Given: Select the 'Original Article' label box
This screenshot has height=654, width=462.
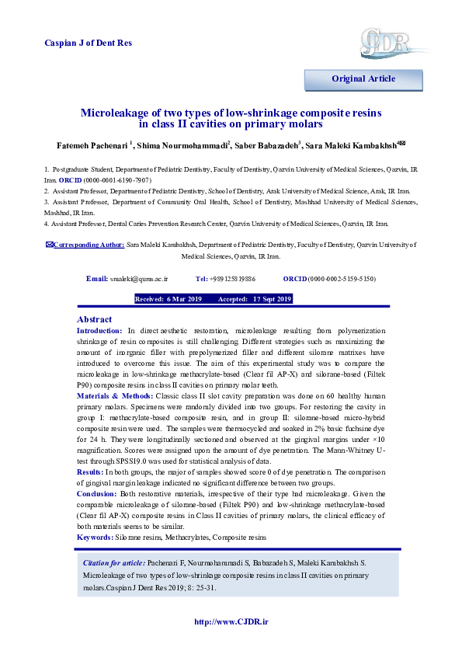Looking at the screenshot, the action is pos(363,78).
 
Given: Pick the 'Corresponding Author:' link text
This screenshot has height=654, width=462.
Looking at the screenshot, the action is pos(88,245).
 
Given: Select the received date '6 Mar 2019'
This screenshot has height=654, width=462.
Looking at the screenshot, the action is pos(184,299).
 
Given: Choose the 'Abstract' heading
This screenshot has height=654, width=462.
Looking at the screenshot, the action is pos(94,319).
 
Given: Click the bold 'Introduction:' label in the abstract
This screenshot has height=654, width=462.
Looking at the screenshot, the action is pos(100,331).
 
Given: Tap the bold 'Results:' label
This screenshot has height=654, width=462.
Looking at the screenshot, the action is pos(91,471).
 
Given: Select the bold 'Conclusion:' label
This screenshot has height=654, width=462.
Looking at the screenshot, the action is pos(97,494).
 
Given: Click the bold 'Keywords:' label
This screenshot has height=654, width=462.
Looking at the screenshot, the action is pos(95,537).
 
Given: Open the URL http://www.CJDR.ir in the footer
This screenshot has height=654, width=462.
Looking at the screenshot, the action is pos(230,621).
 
